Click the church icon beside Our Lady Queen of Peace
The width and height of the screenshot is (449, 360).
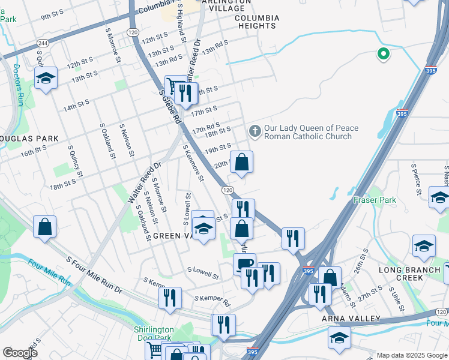[255, 131]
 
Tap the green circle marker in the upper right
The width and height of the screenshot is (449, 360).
[382, 55]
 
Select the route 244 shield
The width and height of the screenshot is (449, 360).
[43, 43]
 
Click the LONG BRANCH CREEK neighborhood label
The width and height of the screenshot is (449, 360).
[409, 274]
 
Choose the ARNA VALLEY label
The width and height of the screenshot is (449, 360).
[351, 318]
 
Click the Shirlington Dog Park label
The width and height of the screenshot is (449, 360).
[154, 334]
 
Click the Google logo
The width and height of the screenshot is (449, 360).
[20, 353]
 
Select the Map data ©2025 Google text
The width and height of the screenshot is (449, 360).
[412, 355]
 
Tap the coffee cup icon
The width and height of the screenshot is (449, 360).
[244, 263]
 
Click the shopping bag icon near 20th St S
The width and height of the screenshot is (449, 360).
[241, 162]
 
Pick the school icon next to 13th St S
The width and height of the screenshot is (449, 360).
[46, 79]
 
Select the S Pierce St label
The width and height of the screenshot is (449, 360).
[414, 178]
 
